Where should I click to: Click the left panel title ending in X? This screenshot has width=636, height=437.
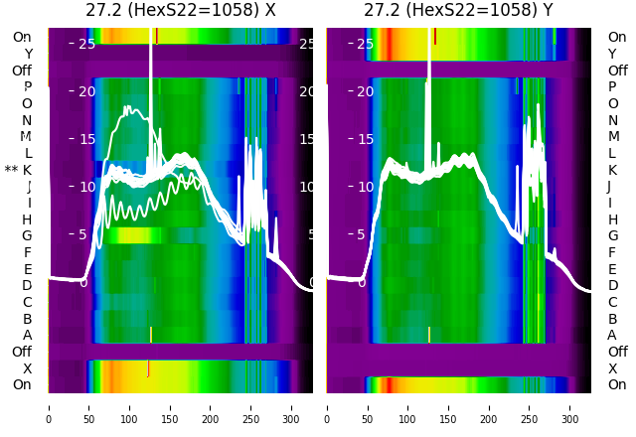pyautogui.click(x=181, y=11)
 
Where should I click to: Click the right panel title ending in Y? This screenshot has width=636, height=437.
pyautogui.click(x=459, y=11)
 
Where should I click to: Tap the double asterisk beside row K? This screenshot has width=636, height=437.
pyautogui.click(x=11, y=170)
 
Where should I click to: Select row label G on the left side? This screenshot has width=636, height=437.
pyautogui.click(x=27, y=235)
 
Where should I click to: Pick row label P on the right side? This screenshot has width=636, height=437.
pyautogui.click(x=612, y=87)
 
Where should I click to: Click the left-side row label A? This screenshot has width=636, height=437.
pyautogui.click(x=27, y=335)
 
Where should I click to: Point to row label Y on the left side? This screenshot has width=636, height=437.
pyautogui.click(x=28, y=54)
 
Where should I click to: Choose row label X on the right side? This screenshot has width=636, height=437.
pyautogui.click(x=612, y=368)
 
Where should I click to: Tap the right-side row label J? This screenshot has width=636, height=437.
pyautogui.click(x=609, y=186)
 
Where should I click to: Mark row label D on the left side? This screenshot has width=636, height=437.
pyautogui.click(x=27, y=285)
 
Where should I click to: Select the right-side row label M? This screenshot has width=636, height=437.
pyautogui.click(x=612, y=137)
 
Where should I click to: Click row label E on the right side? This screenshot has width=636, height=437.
pyautogui.click(x=612, y=269)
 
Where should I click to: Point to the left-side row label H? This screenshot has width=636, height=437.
pyautogui.click(x=27, y=219)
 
